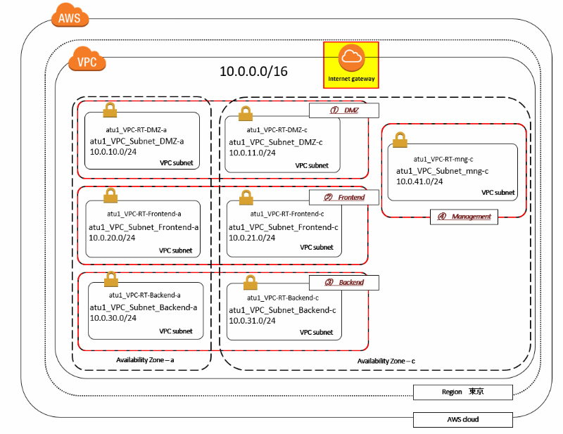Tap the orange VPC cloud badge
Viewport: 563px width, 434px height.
87,61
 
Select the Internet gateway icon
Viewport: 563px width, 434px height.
350,64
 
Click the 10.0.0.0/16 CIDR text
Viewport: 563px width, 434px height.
253,71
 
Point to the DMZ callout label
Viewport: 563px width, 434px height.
344,110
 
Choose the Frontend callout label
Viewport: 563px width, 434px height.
344,198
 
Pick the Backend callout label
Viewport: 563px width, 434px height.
344,282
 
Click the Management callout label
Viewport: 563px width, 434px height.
464,217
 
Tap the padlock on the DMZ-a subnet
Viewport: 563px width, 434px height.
110,110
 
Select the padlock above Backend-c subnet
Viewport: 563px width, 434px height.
251,282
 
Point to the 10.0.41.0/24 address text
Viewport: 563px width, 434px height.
419,181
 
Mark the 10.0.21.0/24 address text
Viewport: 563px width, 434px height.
253,237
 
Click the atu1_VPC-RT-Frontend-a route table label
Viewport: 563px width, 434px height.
144,213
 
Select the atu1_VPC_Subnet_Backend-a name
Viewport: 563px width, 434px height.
143,307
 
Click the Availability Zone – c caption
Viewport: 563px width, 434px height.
386,361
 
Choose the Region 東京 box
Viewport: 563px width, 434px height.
462,392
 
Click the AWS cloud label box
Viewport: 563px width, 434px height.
462,420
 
